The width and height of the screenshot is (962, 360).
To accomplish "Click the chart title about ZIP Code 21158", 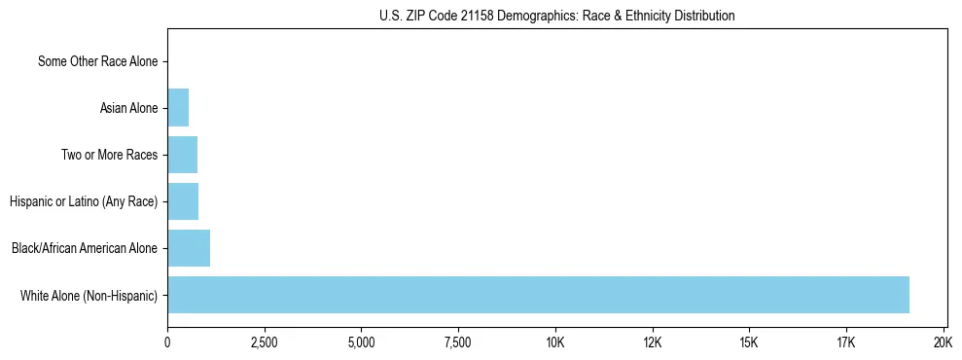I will pos(557,16).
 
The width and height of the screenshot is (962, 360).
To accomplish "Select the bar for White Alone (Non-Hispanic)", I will pos(538,295).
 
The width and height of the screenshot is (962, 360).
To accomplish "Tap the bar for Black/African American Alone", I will pos(189,248).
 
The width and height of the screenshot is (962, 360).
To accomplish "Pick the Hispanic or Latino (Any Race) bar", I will pos(183,201).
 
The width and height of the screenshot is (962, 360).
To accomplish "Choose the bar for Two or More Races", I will pos(182,155).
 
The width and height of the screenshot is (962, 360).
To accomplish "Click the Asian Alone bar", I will pos(178,108).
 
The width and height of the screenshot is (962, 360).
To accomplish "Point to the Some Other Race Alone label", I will pos(97,61).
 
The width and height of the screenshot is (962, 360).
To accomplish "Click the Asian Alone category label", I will pos(128,108).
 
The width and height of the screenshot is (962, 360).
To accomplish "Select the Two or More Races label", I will pos(109,155).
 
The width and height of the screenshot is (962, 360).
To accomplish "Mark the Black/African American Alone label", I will pos(85,248).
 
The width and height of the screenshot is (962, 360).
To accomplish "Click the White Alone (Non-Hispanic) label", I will pos(89,295).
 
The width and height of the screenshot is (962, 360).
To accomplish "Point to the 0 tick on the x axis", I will pos(167,342).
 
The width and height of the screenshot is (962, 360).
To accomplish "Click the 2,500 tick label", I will pos(264,342).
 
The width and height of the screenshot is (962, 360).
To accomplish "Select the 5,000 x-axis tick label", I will pos(361,342).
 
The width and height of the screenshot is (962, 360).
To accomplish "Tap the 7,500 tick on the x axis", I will pos(457,342).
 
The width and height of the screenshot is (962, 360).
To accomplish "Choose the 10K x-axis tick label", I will pos(554,342).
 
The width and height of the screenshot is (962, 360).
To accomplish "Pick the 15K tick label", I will pos(748,342).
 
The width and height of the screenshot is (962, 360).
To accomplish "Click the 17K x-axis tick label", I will pos(845,342).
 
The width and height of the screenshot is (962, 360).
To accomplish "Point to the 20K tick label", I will pos(942,342).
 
